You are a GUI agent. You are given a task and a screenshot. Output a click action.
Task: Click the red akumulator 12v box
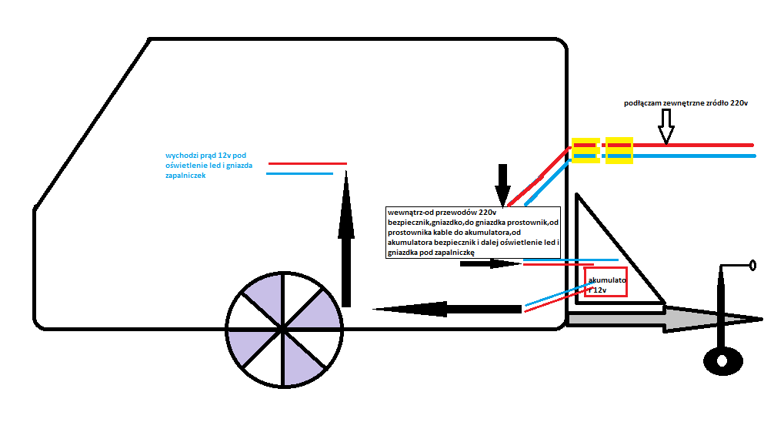606,282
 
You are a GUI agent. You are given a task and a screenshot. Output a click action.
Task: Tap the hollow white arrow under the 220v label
666,126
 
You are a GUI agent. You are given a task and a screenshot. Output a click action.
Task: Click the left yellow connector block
586,150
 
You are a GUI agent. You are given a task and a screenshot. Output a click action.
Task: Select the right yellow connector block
619,150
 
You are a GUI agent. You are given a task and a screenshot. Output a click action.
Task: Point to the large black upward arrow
346,239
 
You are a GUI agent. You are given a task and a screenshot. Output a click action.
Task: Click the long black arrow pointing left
447,309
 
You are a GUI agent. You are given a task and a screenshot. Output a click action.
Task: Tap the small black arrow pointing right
490,264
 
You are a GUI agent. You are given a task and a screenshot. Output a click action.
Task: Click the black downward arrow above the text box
502,186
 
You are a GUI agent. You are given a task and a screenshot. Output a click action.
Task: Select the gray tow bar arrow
665,319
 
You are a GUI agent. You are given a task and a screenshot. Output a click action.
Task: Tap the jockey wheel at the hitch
722,361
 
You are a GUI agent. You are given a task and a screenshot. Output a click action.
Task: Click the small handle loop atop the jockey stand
752,266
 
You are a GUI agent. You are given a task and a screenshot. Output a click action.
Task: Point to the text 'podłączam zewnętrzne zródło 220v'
686,103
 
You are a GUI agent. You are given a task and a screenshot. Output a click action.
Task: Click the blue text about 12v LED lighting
209,165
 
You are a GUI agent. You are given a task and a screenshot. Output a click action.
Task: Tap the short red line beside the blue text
308,163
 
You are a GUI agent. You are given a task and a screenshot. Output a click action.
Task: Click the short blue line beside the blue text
299,173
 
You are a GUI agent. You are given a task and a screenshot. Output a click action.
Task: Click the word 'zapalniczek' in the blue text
185,176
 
